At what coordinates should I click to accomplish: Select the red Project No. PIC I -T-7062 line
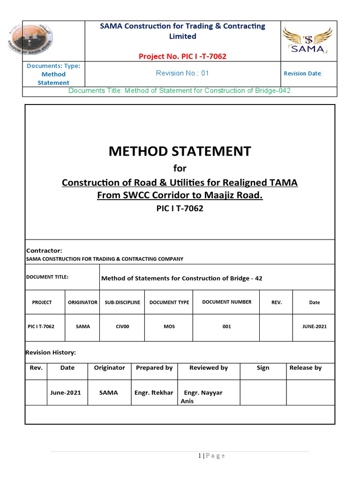tap(182, 56)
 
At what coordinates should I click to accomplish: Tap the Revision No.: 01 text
tap(182, 73)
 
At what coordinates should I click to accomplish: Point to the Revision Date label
tap(303, 74)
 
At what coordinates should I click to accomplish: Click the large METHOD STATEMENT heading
tap(180, 151)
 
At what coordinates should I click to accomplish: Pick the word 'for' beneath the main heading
tap(180, 168)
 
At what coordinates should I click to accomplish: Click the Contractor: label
tap(44, 251)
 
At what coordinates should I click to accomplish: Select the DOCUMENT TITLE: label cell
tap(47, 277)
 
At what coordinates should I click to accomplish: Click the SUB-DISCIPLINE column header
tap(122, 302)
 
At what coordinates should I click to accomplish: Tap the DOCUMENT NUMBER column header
tap(226, 302)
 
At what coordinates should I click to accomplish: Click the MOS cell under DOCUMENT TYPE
tap(169, 326)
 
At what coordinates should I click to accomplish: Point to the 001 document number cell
tap(226, 326)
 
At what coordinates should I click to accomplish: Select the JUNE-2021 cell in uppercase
tap(314, 326)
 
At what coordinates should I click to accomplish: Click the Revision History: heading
tap(51, 352)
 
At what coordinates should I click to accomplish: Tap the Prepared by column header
tap(154, 368)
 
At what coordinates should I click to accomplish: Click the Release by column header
tap(305, 368)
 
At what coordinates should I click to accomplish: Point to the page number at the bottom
tap(211, 456)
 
